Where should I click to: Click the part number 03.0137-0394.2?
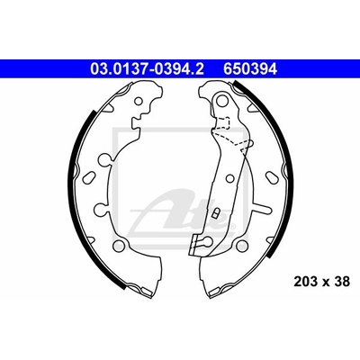[x=147, y=69]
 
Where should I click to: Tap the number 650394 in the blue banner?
[x=249, y=69]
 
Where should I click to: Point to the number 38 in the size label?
[x=342, y=282]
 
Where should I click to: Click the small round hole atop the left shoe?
[x=139, y=101]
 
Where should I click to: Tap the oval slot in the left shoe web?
[x=88, y=176]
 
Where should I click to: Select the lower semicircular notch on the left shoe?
[x=102, y=209]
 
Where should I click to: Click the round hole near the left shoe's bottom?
[x=119, y=245]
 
